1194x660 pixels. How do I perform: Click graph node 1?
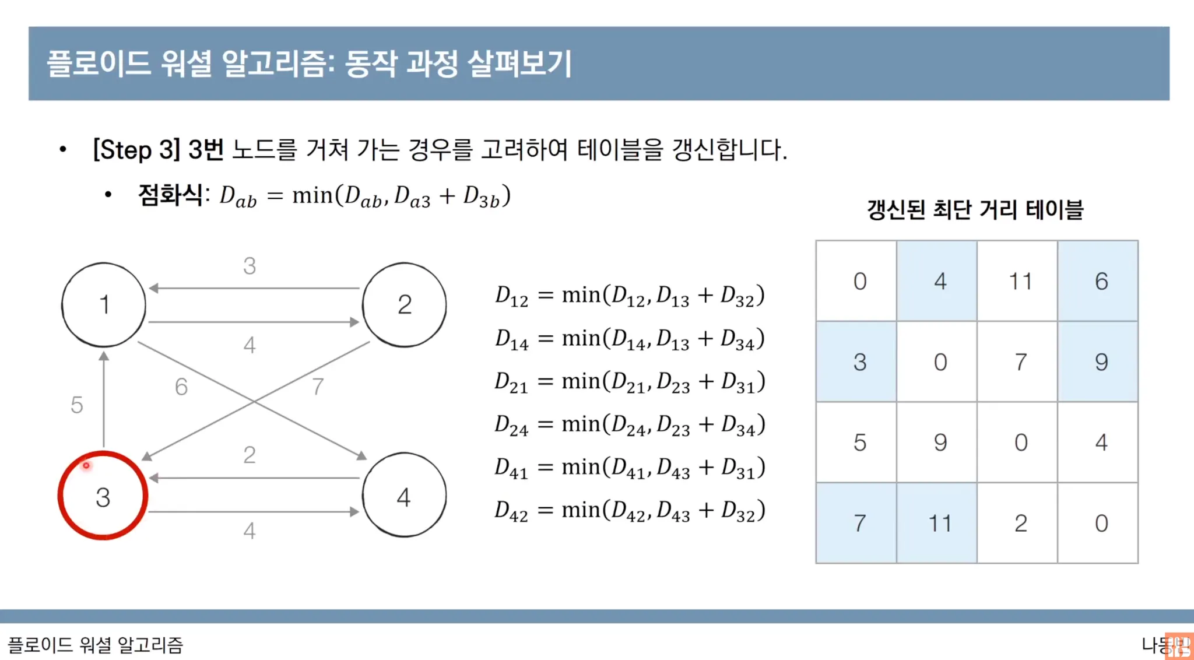point(104,305)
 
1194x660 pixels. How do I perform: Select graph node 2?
point(405,305)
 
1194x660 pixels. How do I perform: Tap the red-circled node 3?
point(103,496)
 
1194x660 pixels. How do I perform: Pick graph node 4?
point(405,495)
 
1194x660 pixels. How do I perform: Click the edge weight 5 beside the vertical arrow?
point(77,405)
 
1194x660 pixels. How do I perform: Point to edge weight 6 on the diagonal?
point(181,387)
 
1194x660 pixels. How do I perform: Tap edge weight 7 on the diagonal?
point(318,387)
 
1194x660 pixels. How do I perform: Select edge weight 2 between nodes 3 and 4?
point(250,455)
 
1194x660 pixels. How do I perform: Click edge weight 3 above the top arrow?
point(250,266)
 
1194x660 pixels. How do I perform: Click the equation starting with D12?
point(630,296)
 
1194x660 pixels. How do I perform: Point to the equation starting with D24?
point(630,425)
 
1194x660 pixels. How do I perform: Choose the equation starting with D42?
point(630,511)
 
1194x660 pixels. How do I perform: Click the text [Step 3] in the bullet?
point(136,150)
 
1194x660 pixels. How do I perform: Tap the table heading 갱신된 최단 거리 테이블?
point(975,209)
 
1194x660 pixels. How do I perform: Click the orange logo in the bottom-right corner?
point(1178,646)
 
